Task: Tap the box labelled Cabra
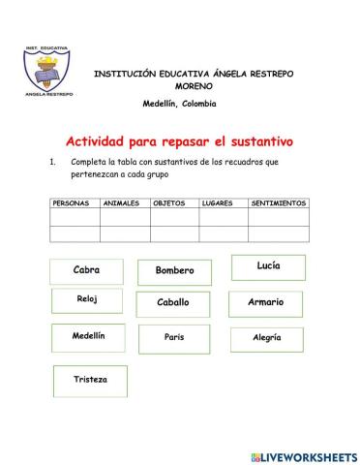point(86,271)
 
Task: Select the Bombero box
point(174,271)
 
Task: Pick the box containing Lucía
point(268,266)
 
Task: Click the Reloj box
point(86,302)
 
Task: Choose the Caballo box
point(174,303)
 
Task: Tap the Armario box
point(265,303)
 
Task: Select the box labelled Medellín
point(88,337)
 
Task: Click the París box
point(174,338)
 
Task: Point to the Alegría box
point(266,339)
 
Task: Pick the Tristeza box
point(90,380)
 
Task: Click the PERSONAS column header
point(74,203)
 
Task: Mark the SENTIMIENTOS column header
point(279,203)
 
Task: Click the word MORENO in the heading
point(194,87)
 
